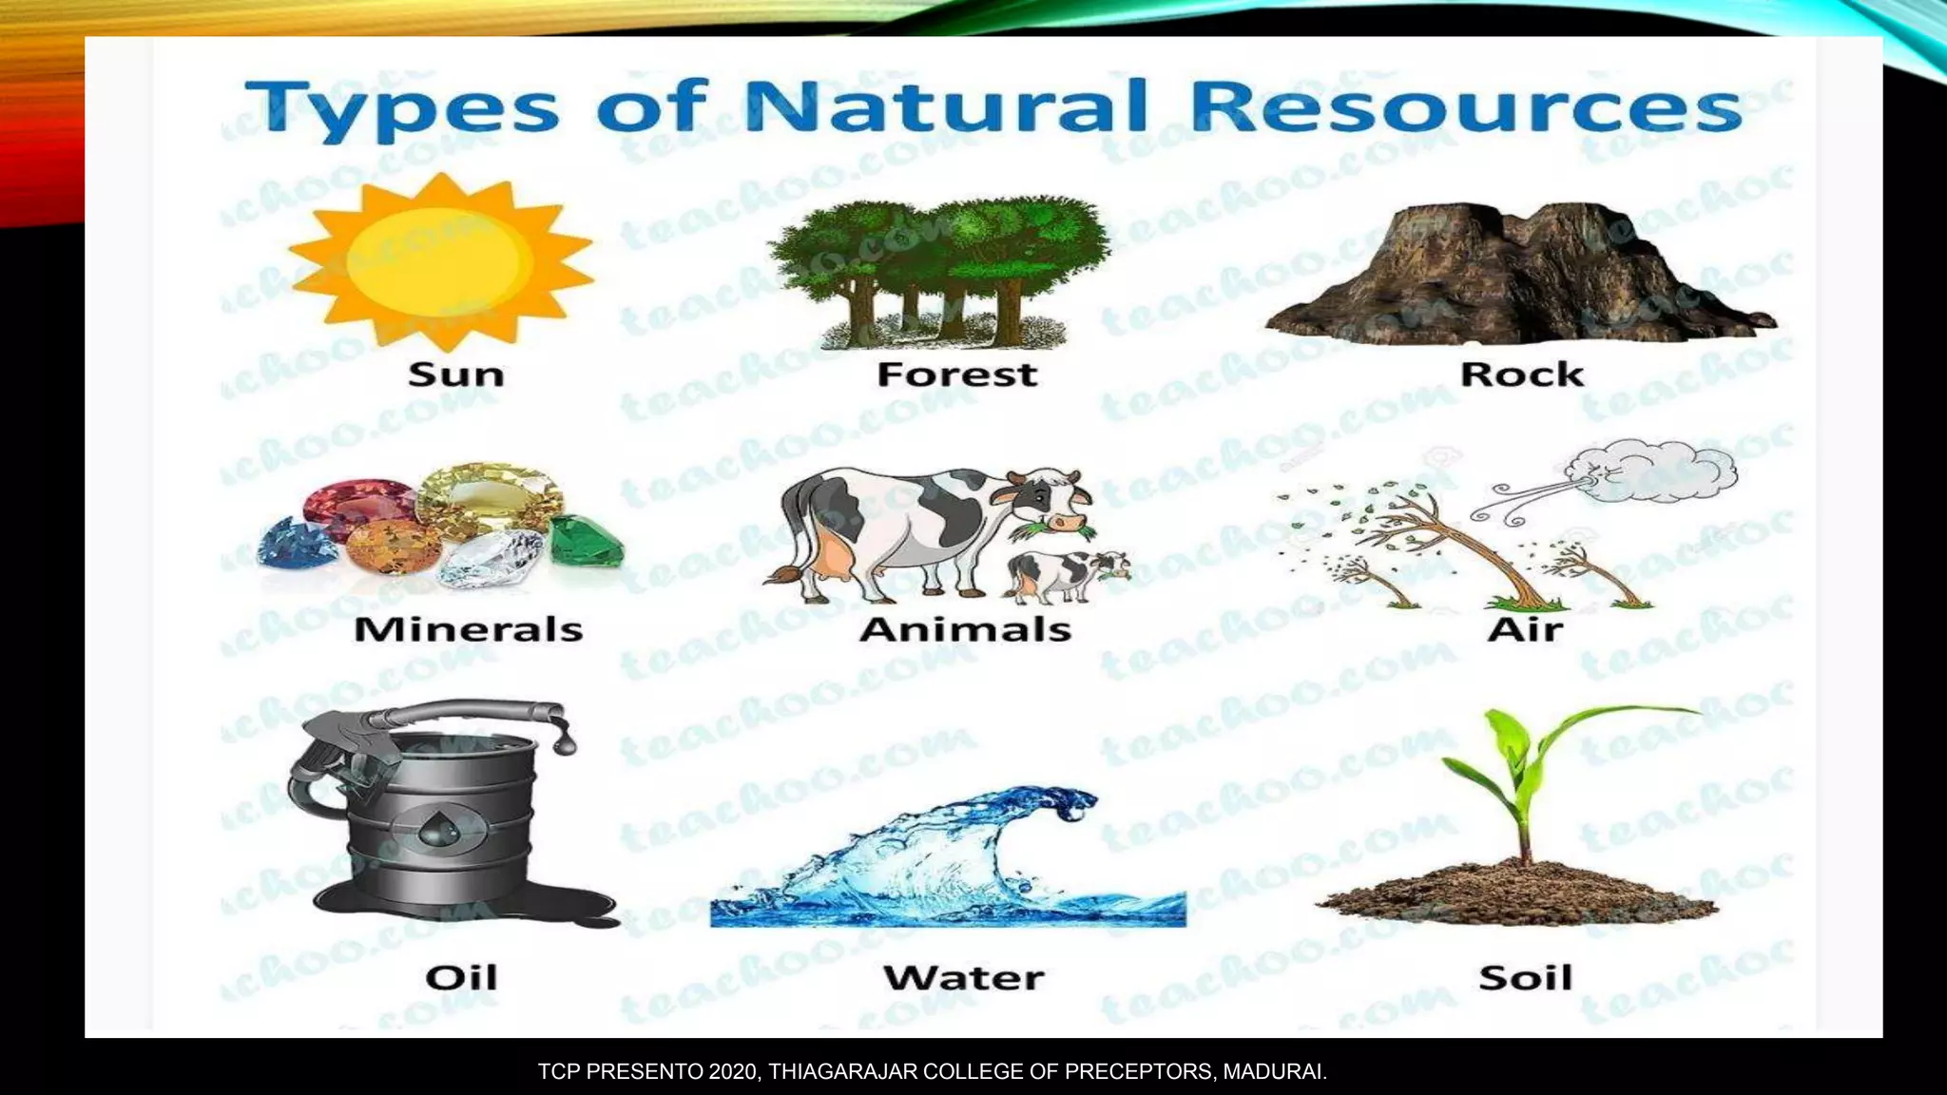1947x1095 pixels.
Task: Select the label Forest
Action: [956, 375]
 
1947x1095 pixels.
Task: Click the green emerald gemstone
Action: [584, 539]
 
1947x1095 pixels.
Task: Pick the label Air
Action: [1525, 629]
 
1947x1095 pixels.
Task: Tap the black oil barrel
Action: [437, 817]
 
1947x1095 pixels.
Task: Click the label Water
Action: [963, 978]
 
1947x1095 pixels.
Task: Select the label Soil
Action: [1525, 978]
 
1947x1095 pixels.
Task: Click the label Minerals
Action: [468, 629]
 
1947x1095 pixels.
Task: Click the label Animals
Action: [965, 629]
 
